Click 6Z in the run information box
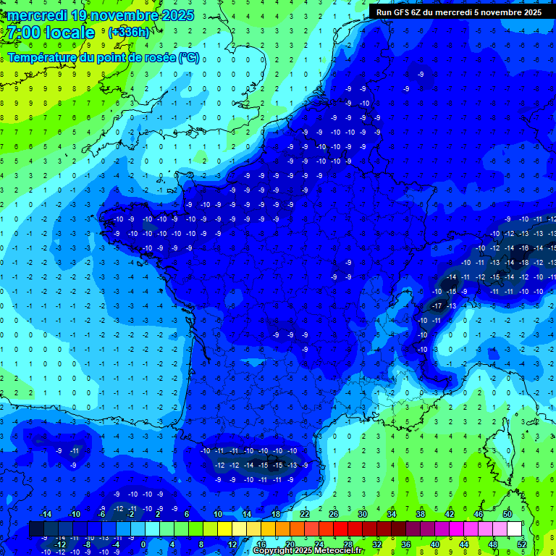coord(421,12)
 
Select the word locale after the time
coord(69,33)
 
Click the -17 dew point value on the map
coord(437,306)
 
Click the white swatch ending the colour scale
coord(514,529)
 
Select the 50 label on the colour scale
coord(507,514)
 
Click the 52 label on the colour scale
coord(522,544)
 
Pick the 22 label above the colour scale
coord(305,514)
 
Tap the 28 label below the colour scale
coord(348,544)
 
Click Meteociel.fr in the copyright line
coord(339,551)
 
